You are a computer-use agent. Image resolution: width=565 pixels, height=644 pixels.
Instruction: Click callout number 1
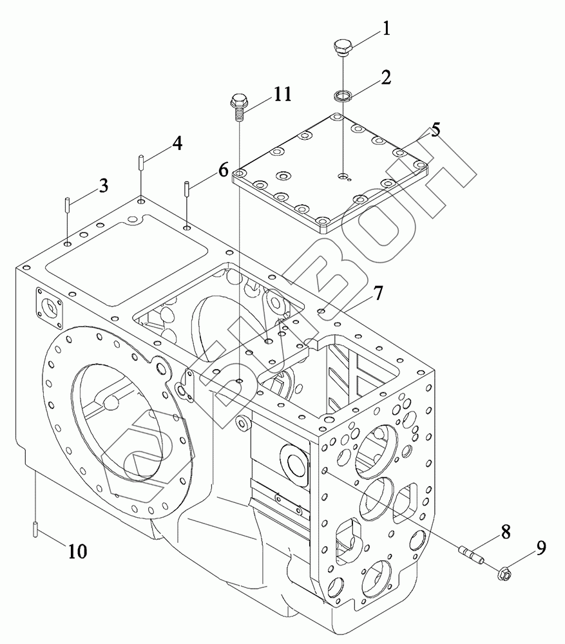pos(386,29)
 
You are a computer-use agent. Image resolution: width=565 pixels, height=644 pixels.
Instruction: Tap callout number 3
pos(103,185)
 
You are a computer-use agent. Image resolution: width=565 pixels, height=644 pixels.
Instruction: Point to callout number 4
pos(177,144)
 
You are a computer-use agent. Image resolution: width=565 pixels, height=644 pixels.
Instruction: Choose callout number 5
pos(436,130)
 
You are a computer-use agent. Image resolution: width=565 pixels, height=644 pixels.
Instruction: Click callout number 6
pos(223,169)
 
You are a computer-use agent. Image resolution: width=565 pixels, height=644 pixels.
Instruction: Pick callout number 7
pos(378,293)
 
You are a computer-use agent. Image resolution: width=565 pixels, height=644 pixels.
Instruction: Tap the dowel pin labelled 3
pos(67,204)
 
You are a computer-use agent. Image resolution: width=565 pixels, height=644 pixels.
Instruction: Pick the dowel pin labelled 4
pos(140,161)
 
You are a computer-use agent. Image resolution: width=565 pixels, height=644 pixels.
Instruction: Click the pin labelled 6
pos(187,189)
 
